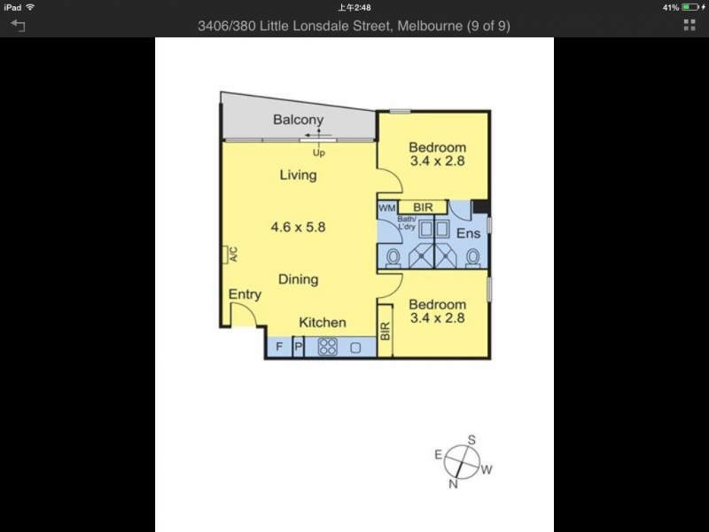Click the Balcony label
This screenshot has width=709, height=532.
coord(298,120)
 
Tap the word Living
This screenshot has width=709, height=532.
coord(298,175)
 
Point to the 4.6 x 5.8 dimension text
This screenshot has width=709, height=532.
coord(298,227)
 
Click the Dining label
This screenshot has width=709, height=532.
coord(298,279)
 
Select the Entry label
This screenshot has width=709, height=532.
coord(245,294)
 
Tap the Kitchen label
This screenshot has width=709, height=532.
coord(323,323)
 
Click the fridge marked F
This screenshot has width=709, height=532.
coord(279,347)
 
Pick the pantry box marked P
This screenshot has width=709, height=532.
coord(298,347)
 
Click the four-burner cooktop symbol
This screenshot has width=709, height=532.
coord(328,347)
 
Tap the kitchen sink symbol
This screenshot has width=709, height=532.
coord(355,348)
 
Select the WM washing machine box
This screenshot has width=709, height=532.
coord(386,207)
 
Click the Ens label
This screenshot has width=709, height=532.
coord(468,233)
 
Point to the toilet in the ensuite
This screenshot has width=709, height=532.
coord(472,258)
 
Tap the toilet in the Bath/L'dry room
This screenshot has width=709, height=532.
coord(393,258)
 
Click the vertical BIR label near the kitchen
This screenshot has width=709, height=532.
coord(386,331)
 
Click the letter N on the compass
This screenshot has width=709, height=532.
coord(453,484)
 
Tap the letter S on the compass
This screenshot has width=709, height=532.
coord(471,440)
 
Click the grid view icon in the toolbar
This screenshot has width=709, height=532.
coord(690,26)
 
